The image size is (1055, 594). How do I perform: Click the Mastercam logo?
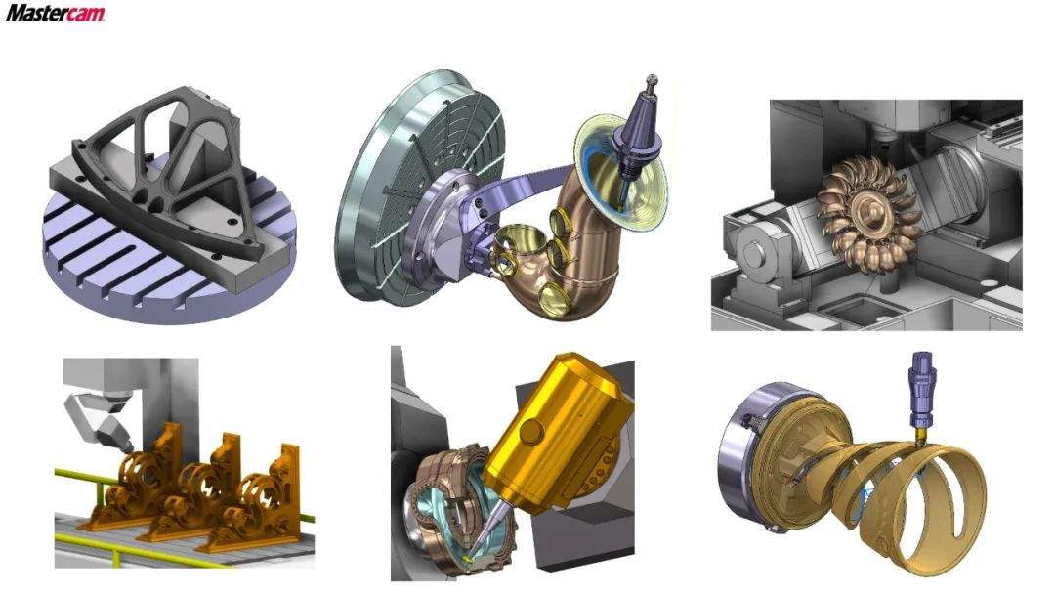click(x=55, y=13)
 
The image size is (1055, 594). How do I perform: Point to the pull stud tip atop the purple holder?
click(x=651, y=80)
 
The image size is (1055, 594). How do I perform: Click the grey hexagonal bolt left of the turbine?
click(x=754, y=251)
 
